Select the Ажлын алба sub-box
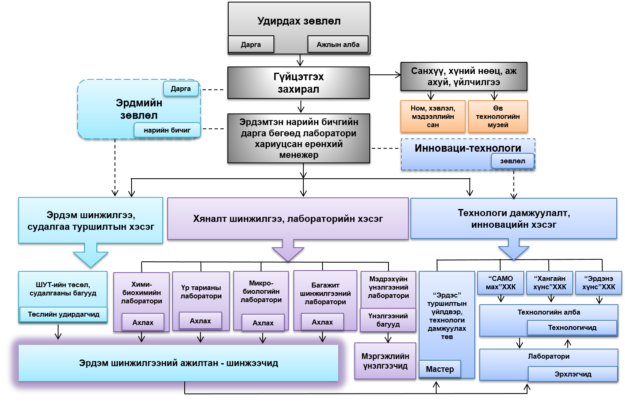pyautogui.click(x=338, y=44)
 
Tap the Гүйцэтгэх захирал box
pyautogui.click(x=298, y=83)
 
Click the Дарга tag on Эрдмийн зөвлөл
pyautogui.click(x=181, y=89)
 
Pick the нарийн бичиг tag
pyautogui.click(x=167, y=130)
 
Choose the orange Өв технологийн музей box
pyautogui.click(x=498, y=116)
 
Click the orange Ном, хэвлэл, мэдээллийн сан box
pyautogui.click(x=433, y=116)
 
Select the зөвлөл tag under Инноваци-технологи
pyautogui.click(x=513, y=161)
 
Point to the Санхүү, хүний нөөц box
pyautogui.click(x=464, y=76)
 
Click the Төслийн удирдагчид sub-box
pyautogui.click(x=63, y=314)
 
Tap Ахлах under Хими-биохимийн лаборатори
pyautogui.click(x=143, y=322)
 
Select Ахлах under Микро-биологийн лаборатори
pyautogui.click(x=263, y=323)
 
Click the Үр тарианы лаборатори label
pyautogui.click(x=201, y=292)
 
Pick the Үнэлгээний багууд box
pyautogui.click(x=388, y=320)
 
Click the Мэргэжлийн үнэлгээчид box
pyautogui.click(x=385, y=361)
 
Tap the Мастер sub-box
pyautogui.click(x=440, y=369)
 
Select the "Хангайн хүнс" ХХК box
pyautogui.click(x=549, y=283)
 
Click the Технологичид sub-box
pyautogui.click(x=572, y=327)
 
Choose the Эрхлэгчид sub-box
pyautogui.click(x=573, y=374)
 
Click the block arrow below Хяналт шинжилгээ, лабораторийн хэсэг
pyautogui.click(x=288, y=250)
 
